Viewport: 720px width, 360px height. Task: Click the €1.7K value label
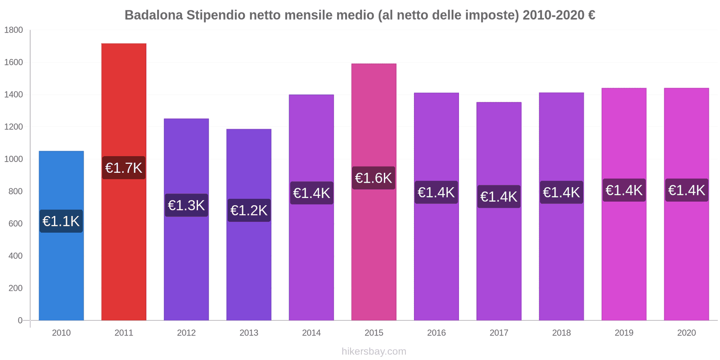[x=124, y=168]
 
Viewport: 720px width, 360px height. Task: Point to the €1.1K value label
[x=61, y=221]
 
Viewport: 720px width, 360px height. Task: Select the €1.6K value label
[x=373, y=178]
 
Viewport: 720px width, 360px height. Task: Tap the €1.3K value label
[x=186, y=205]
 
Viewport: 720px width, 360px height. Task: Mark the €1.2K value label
[x=249, y=210]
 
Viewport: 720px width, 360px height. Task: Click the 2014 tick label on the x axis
[x=311, y=333]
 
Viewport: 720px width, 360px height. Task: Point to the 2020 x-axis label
[x=686, y=333]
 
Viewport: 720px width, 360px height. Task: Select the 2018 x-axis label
[x=561, y=333]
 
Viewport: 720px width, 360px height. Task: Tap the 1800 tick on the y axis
[x=13, y=30]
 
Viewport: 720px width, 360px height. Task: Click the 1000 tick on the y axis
[x=13, y=159]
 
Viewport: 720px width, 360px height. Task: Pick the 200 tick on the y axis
[x=15, y=288]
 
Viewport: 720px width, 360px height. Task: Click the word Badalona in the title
[x=153, y=15]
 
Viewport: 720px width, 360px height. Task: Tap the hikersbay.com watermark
[x=373, y=351]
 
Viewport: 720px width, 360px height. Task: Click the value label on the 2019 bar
[x=624, y=190]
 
